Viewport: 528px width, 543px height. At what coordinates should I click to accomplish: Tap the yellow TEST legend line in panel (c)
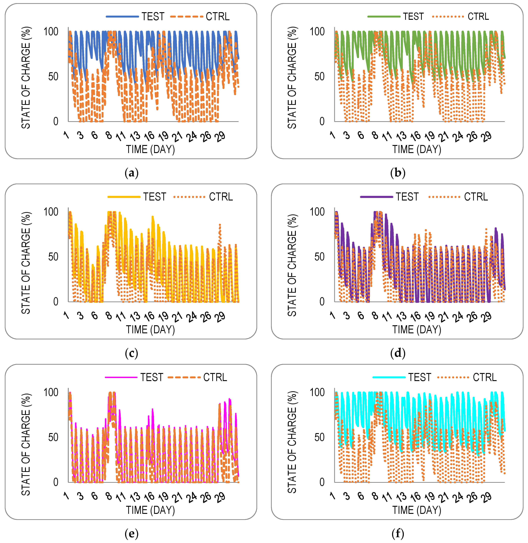click(124, 197)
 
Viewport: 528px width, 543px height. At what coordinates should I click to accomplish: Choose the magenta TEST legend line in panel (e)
click(121, 377)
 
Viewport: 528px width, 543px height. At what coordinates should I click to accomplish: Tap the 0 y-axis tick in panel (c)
click(56, 302)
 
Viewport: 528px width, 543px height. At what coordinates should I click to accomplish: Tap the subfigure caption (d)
click(398, 353)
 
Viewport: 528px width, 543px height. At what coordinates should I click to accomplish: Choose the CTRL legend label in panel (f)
click(484, 377)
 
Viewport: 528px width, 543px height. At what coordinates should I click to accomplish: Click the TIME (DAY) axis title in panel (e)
click(150, 510)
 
